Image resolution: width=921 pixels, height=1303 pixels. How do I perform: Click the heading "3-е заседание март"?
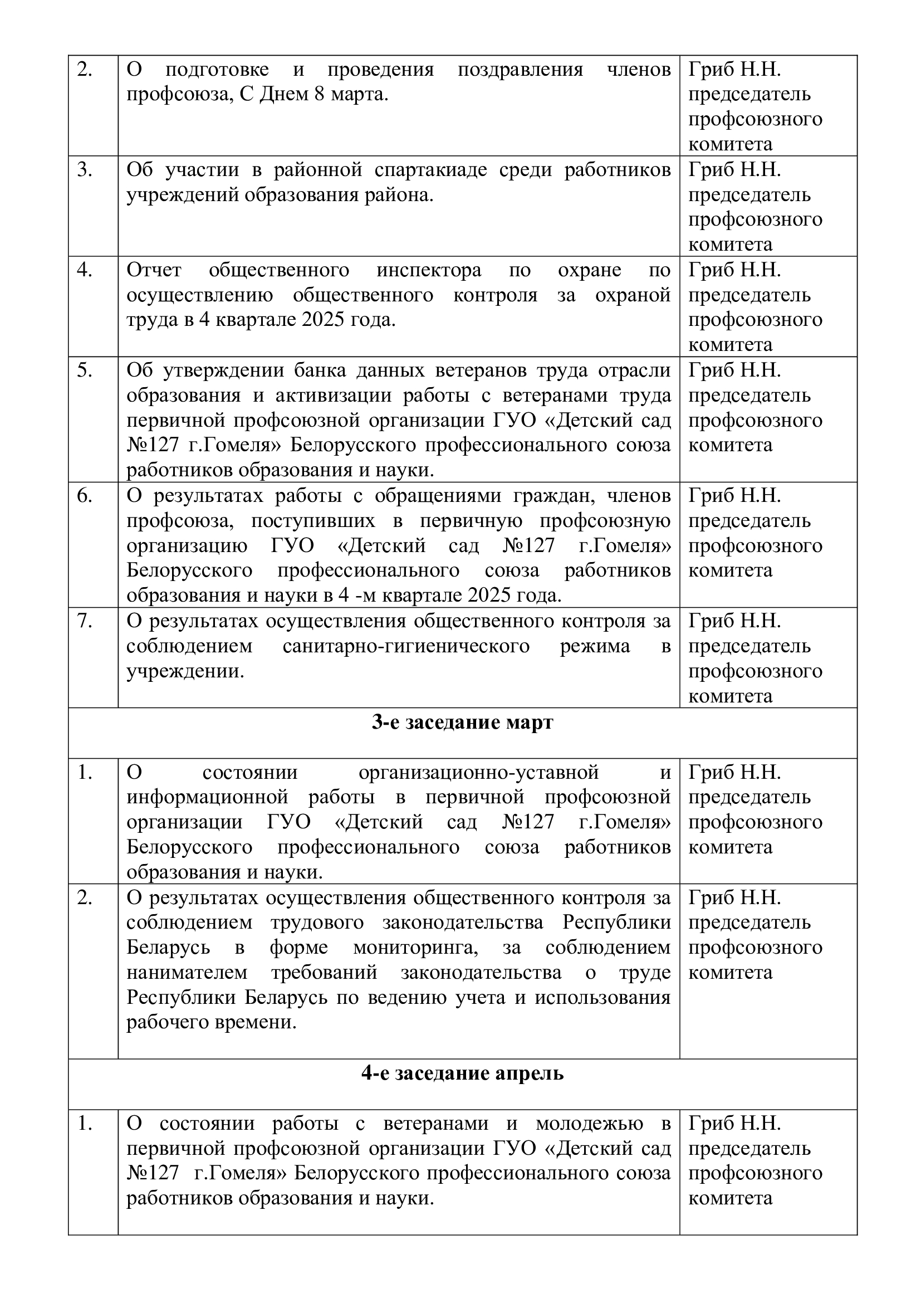462,723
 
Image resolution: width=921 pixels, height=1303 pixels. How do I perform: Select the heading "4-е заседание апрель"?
462,1073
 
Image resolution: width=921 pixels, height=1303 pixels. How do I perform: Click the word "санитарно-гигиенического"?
405,646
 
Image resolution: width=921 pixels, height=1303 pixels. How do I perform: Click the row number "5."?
85,370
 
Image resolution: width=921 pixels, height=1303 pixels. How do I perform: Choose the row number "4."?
85,270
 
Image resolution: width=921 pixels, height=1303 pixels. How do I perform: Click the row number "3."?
85,170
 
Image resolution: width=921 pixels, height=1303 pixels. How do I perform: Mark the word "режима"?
595,646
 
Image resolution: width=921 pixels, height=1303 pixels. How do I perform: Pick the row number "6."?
85,496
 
